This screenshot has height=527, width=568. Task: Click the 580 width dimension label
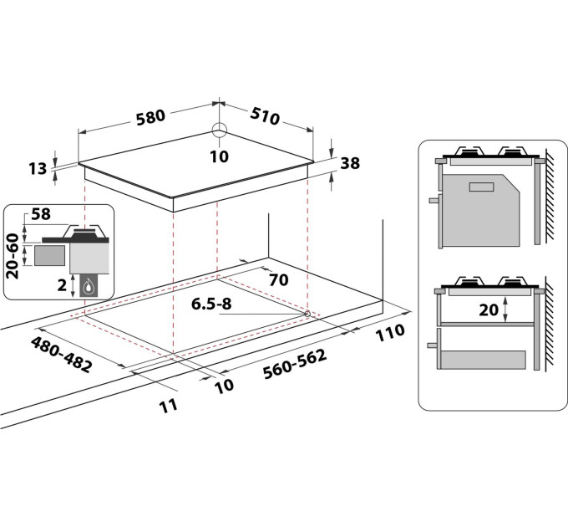coord(150,117)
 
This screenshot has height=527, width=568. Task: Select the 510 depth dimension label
coord(265,116)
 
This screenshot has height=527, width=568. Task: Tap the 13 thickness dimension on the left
coord(37,169)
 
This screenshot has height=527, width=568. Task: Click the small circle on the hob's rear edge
coord(219,130)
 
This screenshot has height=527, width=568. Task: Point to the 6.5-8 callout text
coord(211,304)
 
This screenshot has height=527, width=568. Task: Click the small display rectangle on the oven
coord(481,187)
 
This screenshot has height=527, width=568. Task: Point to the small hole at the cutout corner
coord(308,314)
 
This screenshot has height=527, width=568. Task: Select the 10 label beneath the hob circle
coord(219,156)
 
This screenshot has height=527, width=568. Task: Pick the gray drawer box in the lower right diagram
coord(483,359)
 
